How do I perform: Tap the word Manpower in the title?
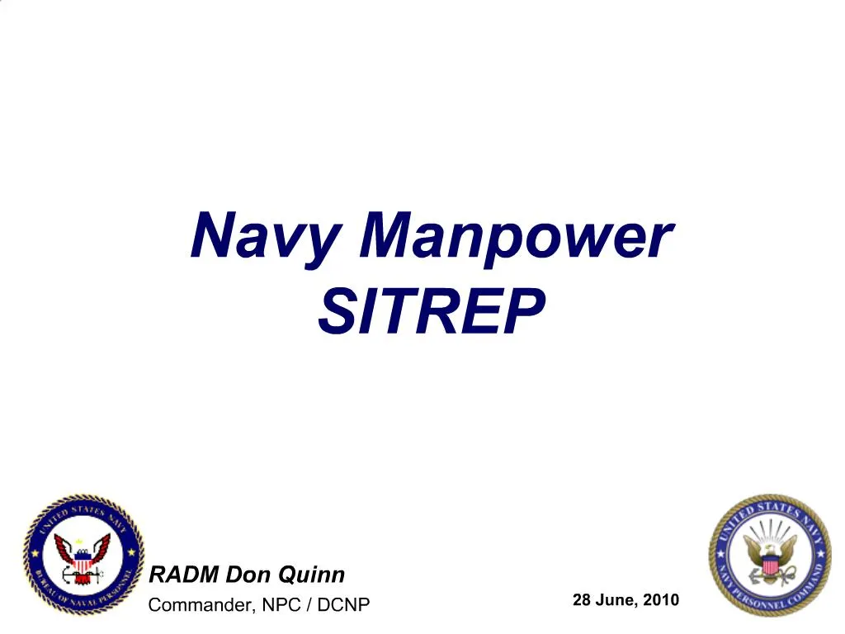515,236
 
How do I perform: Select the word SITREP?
432,312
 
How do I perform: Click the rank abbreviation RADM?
184,575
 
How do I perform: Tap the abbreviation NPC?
281,605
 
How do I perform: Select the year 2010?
661,600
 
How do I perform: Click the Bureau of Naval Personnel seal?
83,555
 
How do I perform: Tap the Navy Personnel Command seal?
770,555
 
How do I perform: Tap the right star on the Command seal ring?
820,549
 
